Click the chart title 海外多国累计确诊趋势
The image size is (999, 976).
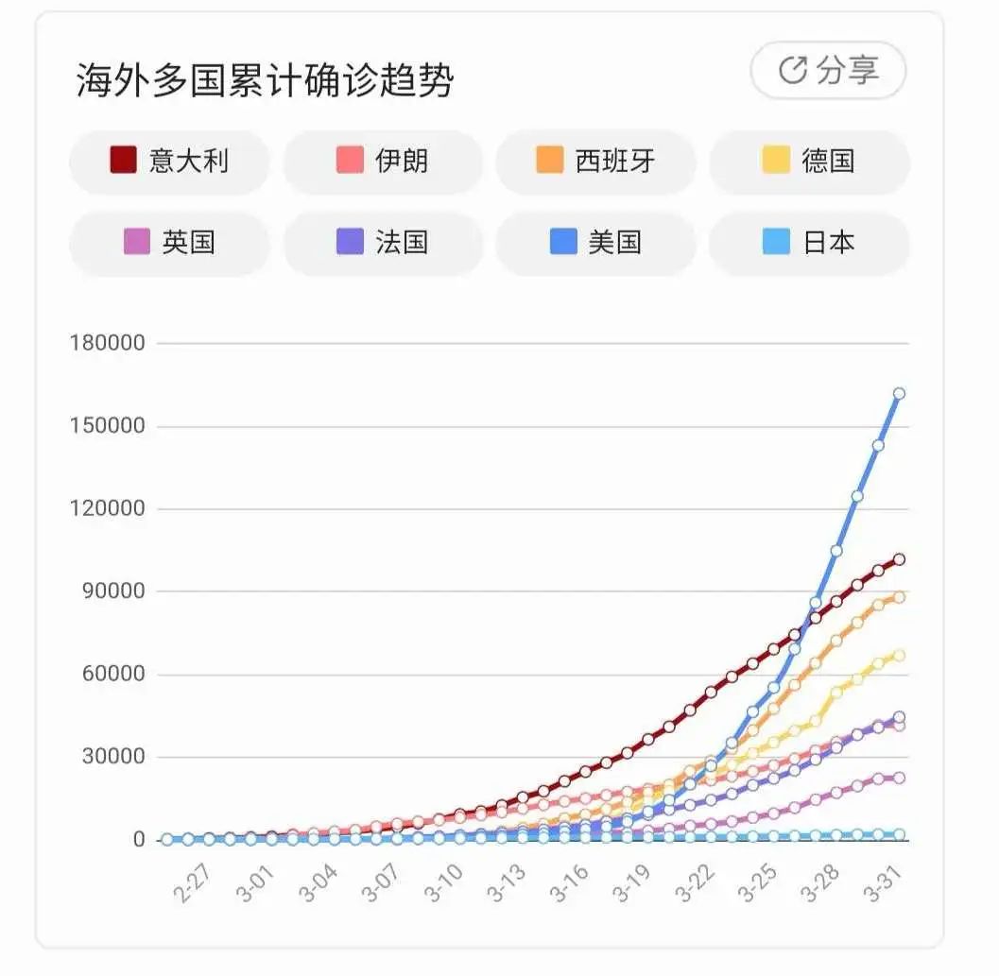(x=265, y=81)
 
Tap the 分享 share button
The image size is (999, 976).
(x=828, y=70)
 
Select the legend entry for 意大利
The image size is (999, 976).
(x=169, y=161)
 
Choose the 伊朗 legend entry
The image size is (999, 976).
(x=383, y=161)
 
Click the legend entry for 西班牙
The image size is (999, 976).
(x=595, y=161)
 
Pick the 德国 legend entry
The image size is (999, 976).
(x=809, y=161)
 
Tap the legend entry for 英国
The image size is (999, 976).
(x=169, y=243)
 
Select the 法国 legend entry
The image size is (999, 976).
(x=383, y=243)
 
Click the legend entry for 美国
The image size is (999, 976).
(x=595, y=243)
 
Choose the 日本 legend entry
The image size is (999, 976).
(x=809, y=243)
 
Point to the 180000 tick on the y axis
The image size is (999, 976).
(x=107, y=343)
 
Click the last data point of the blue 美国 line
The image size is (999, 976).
(x=899, y=393)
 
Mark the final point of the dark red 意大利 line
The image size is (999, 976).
(x=899, y=559)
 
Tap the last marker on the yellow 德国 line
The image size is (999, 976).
(x=899, y=655)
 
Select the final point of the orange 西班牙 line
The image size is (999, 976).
(x=899, y=597)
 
